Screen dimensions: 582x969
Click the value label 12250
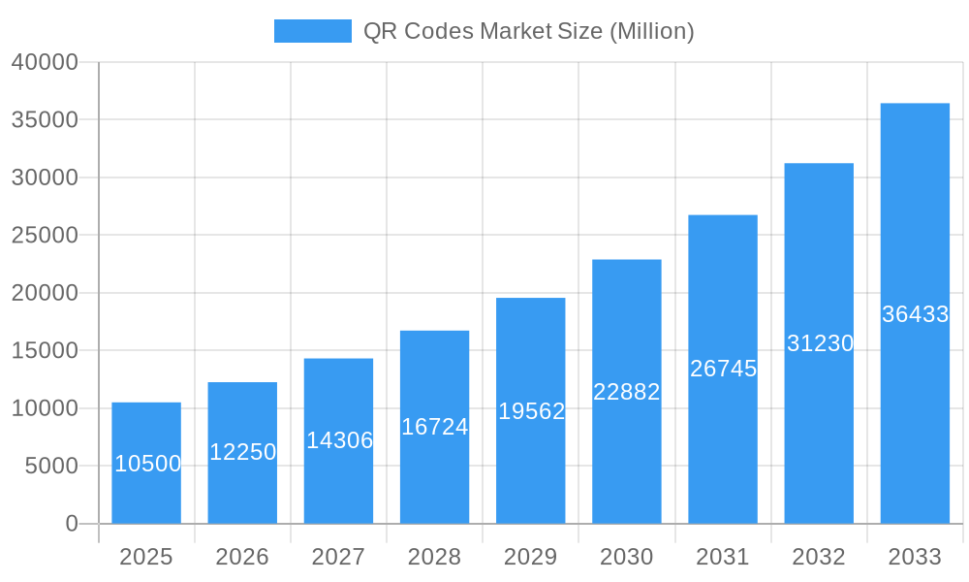click(243, 452)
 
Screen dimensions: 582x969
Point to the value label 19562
click(531, 411)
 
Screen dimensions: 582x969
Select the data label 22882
click(627, 392)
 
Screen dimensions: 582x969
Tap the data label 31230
click(820, 343)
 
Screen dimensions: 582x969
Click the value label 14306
click(339, 440)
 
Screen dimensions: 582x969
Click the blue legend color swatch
click(312, 31)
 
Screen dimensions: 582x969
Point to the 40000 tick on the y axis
click(45, 62)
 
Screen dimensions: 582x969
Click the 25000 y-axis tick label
click(45, 235)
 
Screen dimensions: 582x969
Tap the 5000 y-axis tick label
click(50, 466)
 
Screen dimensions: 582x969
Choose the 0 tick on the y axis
click(72, 524)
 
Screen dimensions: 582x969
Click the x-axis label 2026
click(242, 557)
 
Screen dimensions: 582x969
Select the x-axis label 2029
click(531, 557)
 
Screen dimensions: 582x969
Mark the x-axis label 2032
click(819, 557)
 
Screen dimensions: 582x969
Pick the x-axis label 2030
click(627, 557)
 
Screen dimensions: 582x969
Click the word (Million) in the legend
click(651, 31)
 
